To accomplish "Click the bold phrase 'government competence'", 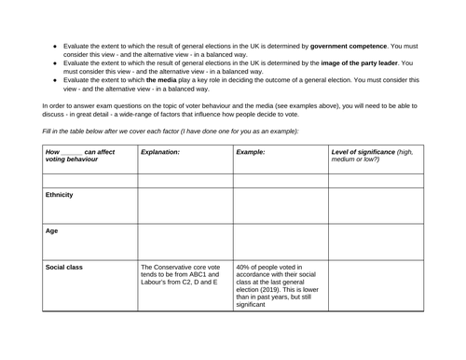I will (x=359, y=45).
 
